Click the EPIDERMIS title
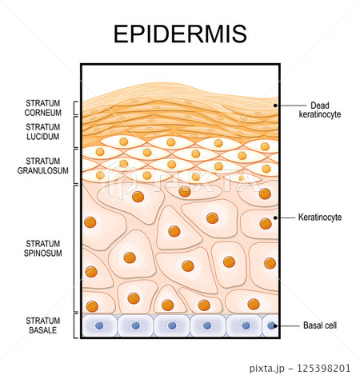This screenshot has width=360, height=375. coord(180,34)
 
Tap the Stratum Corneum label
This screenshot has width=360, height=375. coord(43,108)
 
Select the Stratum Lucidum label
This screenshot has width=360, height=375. coord(43,132)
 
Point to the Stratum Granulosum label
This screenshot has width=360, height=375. coord(43,166)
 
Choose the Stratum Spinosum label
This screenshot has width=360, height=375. coord(43,248)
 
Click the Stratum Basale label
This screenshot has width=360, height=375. coord(43,325)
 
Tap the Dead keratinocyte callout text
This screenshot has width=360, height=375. coord(320,110)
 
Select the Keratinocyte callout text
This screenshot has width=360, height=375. coord(320,217)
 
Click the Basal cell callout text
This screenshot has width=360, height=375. coord(320,325)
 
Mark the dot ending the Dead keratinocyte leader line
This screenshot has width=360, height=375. coord(275,106)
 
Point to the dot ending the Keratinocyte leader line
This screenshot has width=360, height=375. coord(275,217)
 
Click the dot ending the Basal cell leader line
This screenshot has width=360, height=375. coord(275,325)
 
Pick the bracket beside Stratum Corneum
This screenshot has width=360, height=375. coord(74,108)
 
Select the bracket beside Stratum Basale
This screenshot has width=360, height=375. coord(74,326)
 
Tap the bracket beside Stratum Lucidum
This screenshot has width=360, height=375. coord(74,132)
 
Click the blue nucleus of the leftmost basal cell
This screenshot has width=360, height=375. coord(99,325)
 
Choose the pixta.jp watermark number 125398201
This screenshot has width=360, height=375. coord(323,369)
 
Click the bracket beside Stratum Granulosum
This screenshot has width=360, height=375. coord(74,166)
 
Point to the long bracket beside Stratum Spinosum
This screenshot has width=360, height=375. coord(74,249)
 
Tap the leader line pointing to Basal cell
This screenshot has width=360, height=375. coord(287,325)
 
